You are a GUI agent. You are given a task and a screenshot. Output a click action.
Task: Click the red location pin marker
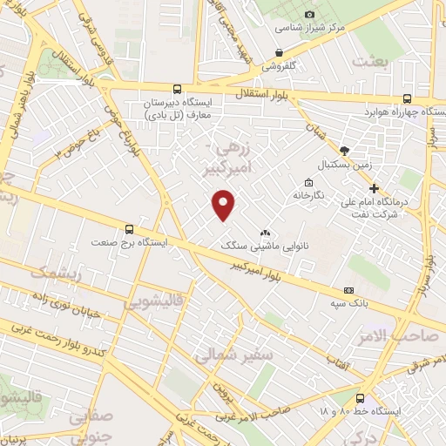click(x=225, y=205)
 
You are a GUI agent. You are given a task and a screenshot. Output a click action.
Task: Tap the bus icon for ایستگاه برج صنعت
click(x=130, y=230)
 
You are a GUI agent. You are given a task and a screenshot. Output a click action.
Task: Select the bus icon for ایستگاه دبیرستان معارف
click(x=178, y=89)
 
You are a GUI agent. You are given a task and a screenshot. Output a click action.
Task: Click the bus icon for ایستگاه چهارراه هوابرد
click(x=408, y=99)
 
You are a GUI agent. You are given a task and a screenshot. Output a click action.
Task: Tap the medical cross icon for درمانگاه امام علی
click(x=374, y=188)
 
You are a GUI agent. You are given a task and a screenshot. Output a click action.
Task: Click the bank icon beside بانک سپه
click(x=350, y=290)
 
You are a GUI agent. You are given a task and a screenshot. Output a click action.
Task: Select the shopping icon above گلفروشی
click(x=279, y=53)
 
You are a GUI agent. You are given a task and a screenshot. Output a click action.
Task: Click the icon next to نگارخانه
click(x=309, y=183)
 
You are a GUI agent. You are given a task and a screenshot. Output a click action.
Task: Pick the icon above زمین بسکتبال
click(x=345, y=151)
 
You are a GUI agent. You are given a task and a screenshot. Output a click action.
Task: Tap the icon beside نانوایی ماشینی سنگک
click(x=265, y=233)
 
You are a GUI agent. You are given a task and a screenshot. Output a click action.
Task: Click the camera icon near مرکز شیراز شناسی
click(x=280, y=28)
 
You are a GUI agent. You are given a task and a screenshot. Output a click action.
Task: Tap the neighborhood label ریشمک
click(x=54, y=272)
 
